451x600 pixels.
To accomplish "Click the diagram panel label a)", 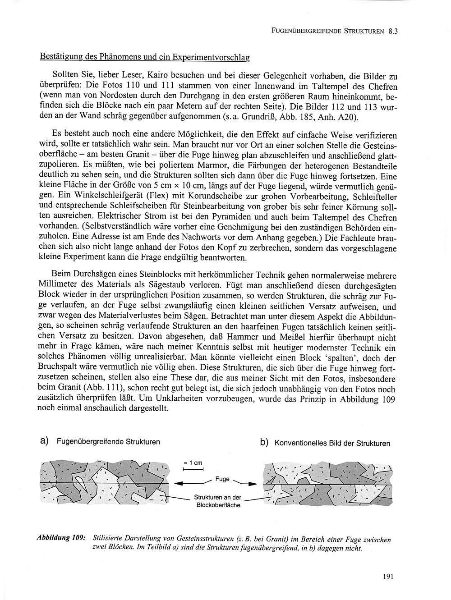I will pos(44,441).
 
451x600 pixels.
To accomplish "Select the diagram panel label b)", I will pos(265,442).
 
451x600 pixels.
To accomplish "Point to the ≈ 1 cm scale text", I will pos(193,463).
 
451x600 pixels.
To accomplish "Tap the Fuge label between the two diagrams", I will pos(222,479).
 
